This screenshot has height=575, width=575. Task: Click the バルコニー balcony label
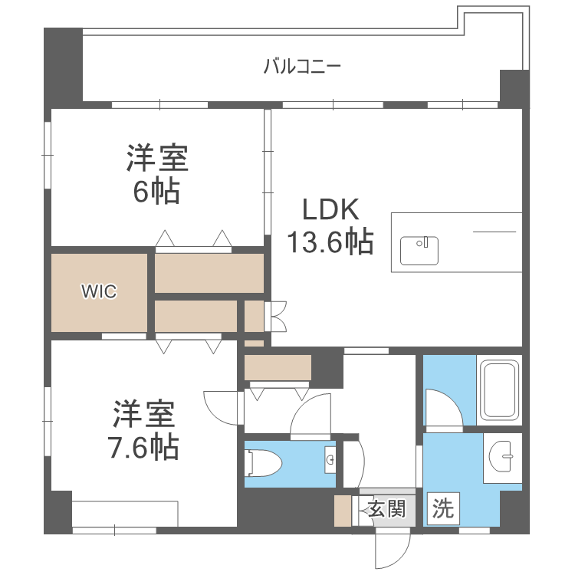coord(302,67)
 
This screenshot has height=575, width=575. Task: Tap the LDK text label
coord(330,209)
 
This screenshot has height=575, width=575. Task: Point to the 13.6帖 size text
coord(330,242)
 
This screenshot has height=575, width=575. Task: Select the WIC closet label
coord(99,291)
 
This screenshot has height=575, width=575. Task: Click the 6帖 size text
coord(156,191)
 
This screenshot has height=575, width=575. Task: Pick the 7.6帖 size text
coord(143,447)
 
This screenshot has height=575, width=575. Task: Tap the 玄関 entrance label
coord(387,508)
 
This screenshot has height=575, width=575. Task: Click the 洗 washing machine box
coord(443,508)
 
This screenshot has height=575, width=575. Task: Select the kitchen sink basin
coord(419,251)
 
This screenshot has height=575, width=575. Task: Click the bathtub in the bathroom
coord(499,389)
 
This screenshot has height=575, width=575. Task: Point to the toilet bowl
coord(263,463)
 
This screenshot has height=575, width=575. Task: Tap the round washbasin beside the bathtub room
coord(500,456)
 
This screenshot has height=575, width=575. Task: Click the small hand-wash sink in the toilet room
coord(330,459)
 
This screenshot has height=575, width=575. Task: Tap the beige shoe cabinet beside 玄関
coord(343,511)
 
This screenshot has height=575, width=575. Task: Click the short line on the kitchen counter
coord(495,232)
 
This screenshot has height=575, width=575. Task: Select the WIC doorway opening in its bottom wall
coord(124,337)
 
